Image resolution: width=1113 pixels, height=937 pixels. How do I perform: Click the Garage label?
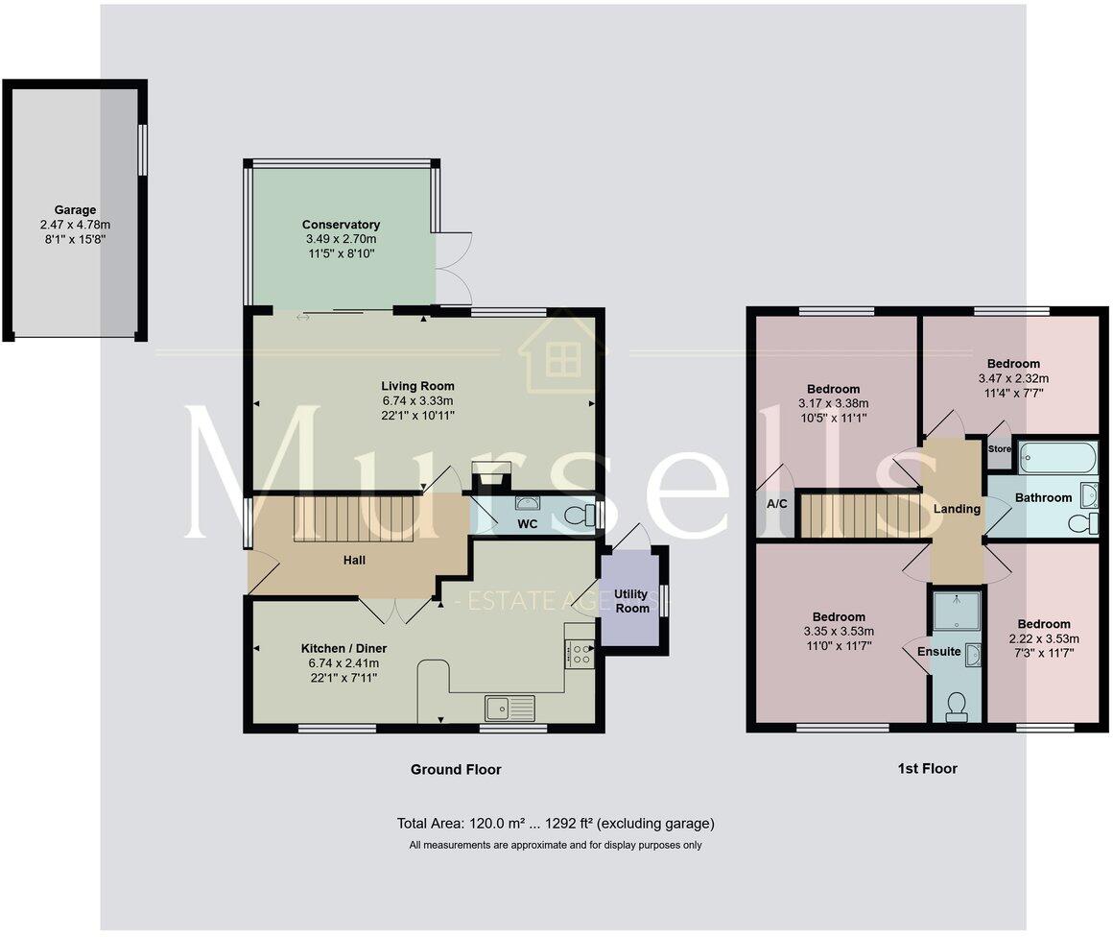coord(75,209)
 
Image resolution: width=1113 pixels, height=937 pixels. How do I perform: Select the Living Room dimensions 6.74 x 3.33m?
coord(417,401)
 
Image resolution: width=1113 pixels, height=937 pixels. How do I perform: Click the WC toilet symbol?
coord(578,517)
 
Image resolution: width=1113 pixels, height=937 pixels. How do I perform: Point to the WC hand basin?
coord(527,502)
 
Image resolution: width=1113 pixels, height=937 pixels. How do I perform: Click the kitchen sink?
coord(509,709)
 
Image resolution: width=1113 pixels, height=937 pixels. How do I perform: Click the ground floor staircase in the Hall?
coord(352,518)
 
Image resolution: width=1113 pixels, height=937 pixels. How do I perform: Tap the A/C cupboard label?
coord(776,502)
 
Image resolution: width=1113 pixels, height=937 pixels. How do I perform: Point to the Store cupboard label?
coord(999,448)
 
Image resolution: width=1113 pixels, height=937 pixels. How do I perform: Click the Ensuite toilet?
coord(956,708)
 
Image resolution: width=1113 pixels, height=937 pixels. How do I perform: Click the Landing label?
coord(957,509)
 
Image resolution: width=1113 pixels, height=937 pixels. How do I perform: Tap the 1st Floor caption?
coord(928,768)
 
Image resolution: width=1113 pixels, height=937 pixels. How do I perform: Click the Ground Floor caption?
coord(456,769)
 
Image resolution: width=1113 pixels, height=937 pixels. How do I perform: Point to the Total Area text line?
coord(556,824)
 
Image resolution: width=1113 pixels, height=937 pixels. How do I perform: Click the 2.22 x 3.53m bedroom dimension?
coord(1044,638)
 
